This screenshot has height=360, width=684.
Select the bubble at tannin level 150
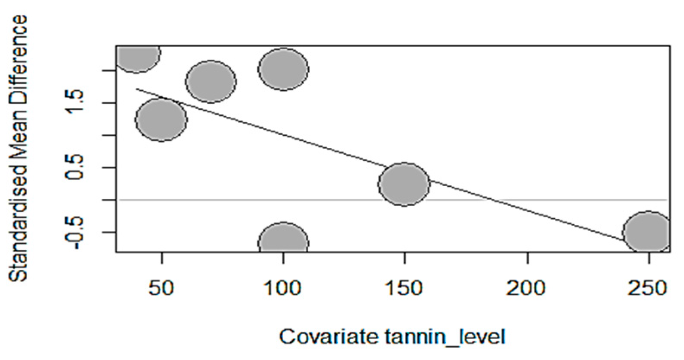coord(404,184)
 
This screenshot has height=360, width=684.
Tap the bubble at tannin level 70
coord(211,81)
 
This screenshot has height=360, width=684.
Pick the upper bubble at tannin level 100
coord(283,69)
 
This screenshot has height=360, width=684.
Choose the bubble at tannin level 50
coord(161,119)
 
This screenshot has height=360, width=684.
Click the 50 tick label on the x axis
coord(161,288)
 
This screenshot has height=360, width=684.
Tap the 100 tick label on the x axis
coord(283,288)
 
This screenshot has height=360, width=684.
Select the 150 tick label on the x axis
coord(405,288)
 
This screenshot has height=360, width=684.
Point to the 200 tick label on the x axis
coord(526,288)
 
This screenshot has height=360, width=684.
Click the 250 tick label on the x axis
coord(648,288)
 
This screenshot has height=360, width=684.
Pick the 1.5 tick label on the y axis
coord(76,102)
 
